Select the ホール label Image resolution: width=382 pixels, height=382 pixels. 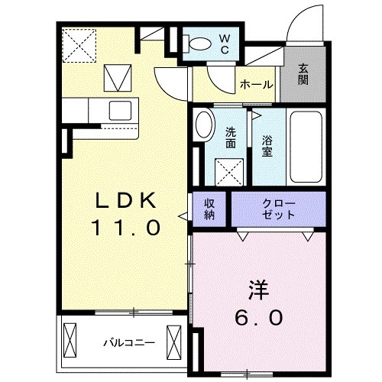[x=256, y=85]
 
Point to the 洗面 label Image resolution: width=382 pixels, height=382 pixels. [x=230, y=137]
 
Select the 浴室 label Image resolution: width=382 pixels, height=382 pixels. [x=267, y=145]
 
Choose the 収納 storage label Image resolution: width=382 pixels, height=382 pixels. [x=209, y=209]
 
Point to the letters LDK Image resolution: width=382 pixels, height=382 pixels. [x=126, y=200]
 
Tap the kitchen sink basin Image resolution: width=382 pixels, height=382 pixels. [x=120, y=108]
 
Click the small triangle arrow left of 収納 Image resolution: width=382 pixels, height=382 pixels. [x=183, y=216]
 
